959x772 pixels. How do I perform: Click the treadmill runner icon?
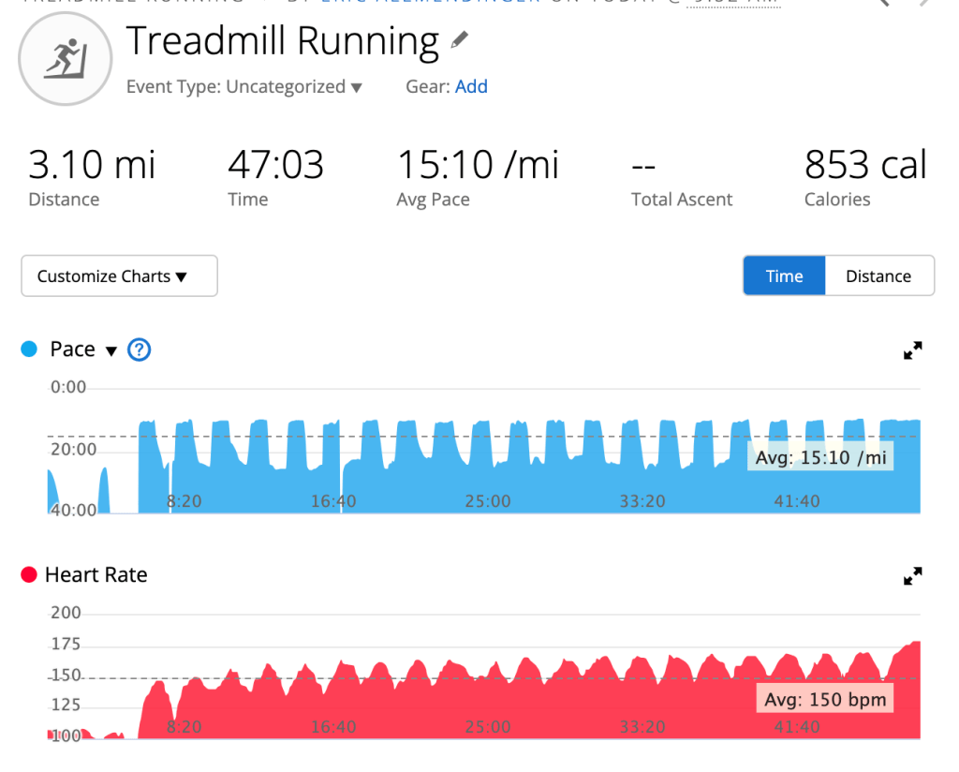pos(65,58)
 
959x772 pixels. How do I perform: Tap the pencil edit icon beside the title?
pos(459,40)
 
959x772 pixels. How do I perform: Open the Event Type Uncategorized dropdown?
pos(244,87)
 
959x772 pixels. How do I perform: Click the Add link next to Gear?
pos(471,87)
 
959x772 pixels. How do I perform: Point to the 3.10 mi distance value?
pos(92,166)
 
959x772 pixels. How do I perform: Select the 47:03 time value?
pos(275,166)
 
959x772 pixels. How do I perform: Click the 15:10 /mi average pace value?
pos(478,166)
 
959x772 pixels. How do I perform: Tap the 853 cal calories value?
pos(864,166)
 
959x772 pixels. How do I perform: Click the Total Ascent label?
pos(682,200)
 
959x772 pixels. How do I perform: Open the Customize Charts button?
pos(119,276)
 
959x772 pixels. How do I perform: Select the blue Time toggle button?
pos(784,276)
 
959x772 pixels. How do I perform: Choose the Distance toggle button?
pos(878,276)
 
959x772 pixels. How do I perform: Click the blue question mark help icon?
pos(140,349)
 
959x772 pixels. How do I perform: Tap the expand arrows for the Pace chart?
pos(912,351)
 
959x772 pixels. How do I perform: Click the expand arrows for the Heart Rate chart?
pos(912,576)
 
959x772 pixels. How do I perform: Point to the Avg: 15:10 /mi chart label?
pos(821,458)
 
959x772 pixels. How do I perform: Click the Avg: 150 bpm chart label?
pos(824,699)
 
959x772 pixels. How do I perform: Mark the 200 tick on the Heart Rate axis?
pos(66,614)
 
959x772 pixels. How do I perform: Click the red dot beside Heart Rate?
pos(29,575)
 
